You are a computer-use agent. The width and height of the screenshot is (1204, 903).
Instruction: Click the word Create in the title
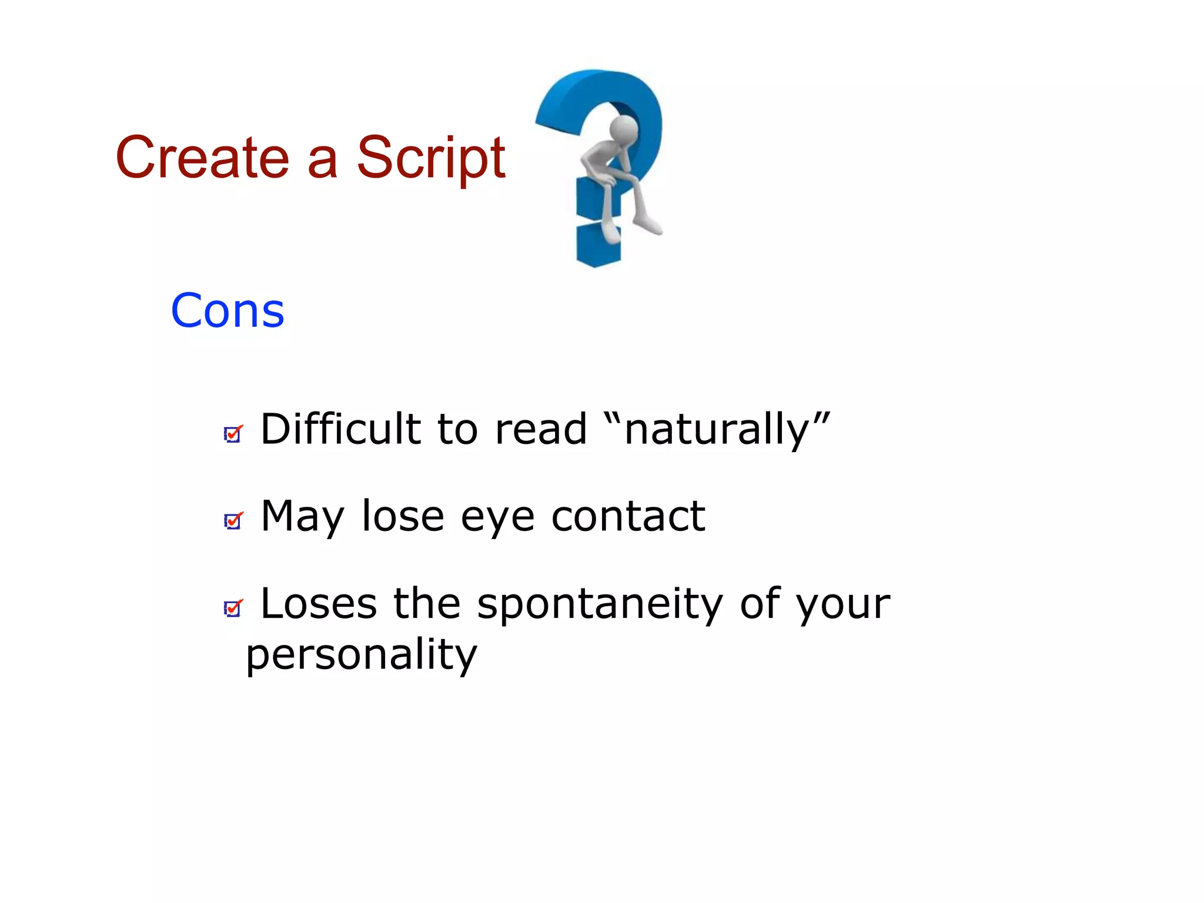click(202, 158)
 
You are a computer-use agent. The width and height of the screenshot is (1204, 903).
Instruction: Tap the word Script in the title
click(430, 158)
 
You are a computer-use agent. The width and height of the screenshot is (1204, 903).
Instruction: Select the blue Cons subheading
click(228, 310)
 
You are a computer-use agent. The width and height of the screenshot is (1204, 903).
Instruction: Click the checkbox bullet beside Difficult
click(233, 434)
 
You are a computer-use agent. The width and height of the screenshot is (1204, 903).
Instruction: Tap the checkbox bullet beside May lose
click(233, 521)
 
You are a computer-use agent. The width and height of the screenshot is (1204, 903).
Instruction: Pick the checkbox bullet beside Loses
click(233, 608)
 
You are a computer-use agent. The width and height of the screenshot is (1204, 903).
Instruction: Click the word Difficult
click(340, 429)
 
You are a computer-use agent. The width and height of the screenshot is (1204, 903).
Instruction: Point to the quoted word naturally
click(717, 430)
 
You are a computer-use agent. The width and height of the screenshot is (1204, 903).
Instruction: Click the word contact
click(628, 516)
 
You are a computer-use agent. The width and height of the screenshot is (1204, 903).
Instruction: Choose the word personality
click(362, 654)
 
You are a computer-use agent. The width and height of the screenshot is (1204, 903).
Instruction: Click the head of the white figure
click(624, 128)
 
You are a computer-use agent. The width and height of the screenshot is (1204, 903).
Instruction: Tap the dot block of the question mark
click(598, 244)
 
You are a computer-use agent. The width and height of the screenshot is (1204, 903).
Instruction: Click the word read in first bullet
click(541, 429)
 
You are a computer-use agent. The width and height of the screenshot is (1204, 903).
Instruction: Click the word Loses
click(318, 604)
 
